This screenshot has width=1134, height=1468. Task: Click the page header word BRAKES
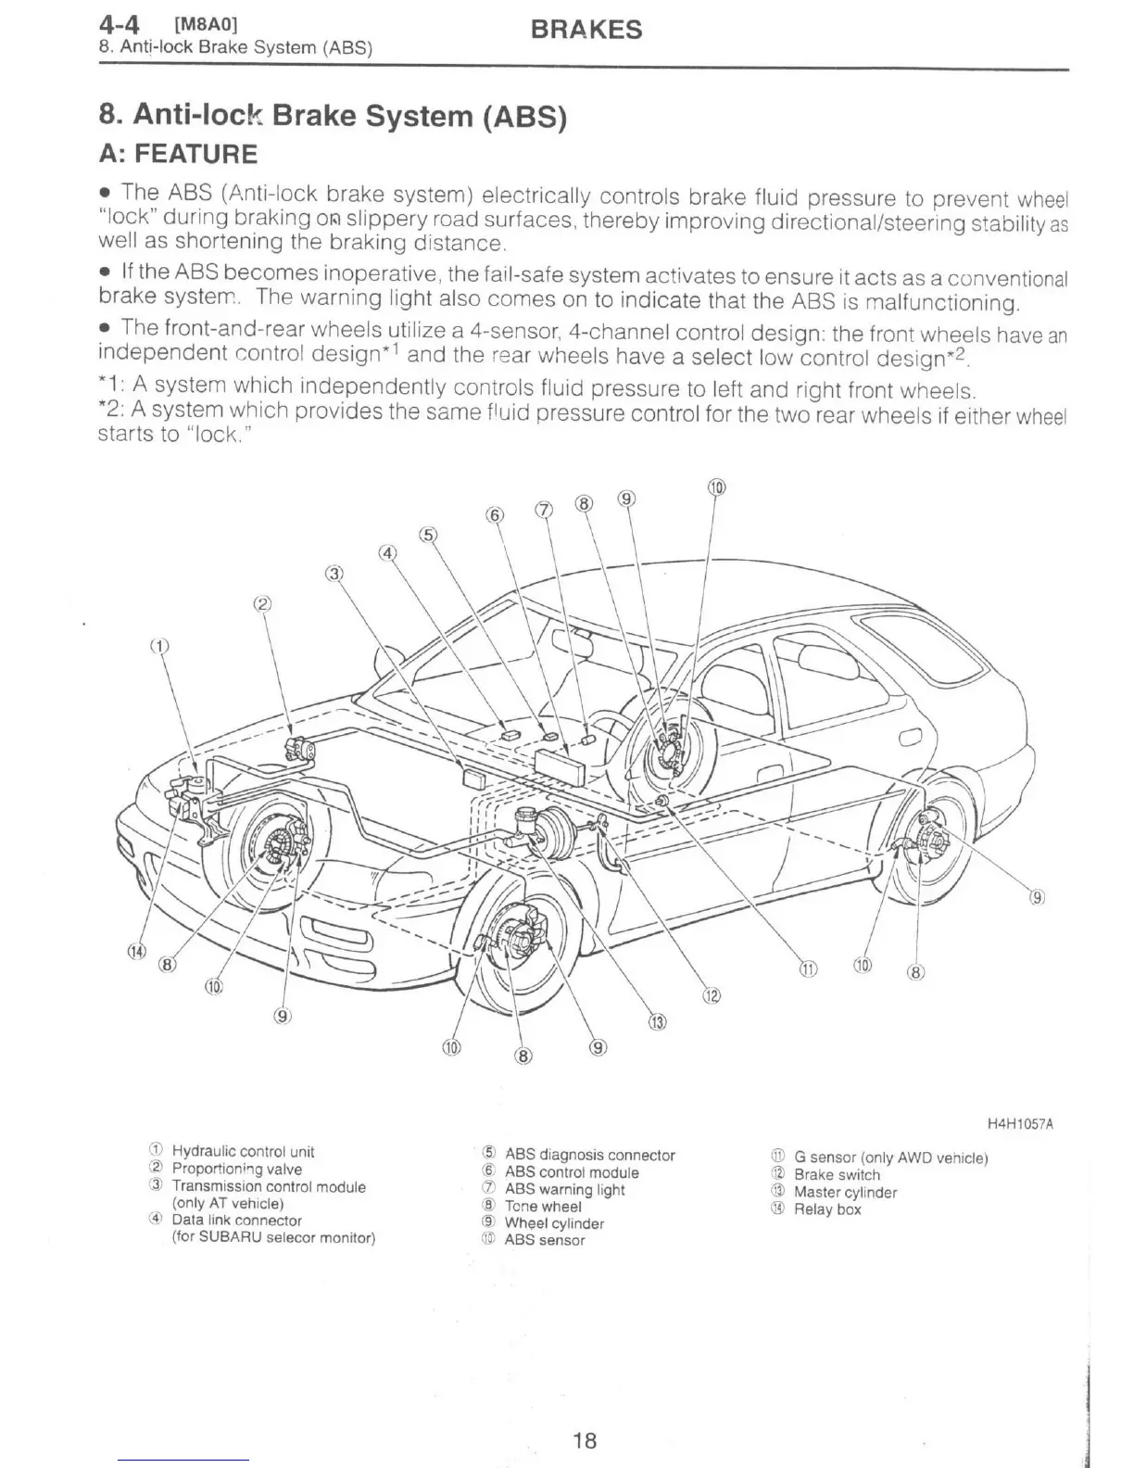(586, 30)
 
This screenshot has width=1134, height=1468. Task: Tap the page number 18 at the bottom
(585, 1440)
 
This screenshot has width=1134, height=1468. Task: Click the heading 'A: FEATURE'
(178, 154)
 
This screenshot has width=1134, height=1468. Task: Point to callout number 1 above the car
(161, 646)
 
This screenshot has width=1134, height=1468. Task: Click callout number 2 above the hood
(262, 604)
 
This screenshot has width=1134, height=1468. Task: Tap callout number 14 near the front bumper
(137, 952)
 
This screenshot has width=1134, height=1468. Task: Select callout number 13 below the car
(656, 1023)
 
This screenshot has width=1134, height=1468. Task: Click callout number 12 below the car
(711, 996)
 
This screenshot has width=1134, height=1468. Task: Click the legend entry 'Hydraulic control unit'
(243, 1152)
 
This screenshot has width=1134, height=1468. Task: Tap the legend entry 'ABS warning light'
(564, 1190)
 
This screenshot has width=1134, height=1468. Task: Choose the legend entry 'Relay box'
(827, 1209)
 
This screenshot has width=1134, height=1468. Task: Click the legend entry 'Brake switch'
(837, 1175)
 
